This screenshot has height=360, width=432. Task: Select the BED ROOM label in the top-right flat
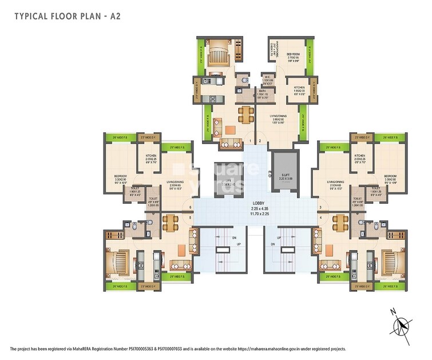click(293, 55)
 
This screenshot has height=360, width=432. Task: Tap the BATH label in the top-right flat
click(261, 91)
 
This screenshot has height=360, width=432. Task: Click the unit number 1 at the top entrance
click(250, 140)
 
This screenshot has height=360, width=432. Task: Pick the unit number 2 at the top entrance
click(259, 140)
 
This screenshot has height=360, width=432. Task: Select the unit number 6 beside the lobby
click(190, 207)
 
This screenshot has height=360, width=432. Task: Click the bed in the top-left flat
click(217, 57)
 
